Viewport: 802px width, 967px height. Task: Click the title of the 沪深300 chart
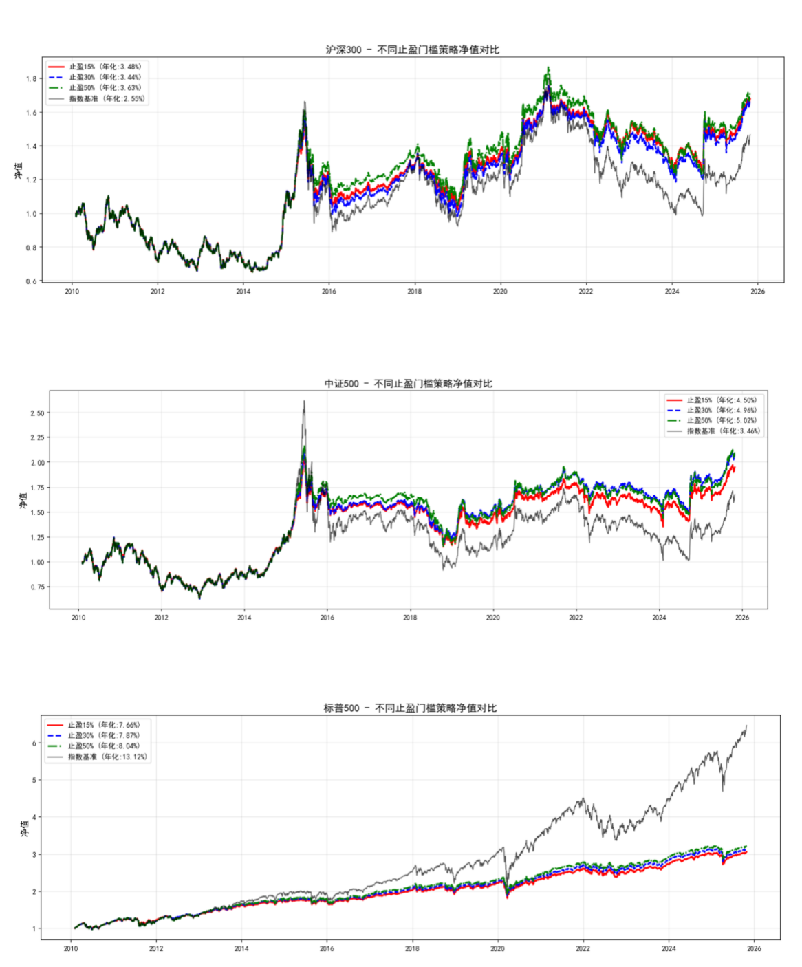412,50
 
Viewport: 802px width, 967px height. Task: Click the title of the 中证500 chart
408,384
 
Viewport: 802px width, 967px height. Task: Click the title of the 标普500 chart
410,708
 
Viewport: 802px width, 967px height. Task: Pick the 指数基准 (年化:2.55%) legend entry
107,99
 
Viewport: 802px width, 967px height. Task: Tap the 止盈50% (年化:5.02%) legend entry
722,421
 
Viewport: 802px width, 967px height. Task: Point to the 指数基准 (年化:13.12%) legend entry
107,757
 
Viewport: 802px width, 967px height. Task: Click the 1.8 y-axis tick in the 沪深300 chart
32,79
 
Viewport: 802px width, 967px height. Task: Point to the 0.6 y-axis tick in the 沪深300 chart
32,281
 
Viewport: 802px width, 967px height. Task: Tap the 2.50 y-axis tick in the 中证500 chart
37,413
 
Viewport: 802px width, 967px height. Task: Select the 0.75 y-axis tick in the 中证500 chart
37,587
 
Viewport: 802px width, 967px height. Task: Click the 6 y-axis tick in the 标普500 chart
34,743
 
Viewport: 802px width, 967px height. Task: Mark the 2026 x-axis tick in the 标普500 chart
754,949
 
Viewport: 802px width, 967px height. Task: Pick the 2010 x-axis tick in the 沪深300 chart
72,292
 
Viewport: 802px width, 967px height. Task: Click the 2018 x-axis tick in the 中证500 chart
410,618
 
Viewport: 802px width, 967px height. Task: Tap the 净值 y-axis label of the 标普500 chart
25,827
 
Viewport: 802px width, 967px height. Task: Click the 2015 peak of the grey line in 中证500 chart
304,402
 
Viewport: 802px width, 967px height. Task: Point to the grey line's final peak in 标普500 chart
746,726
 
